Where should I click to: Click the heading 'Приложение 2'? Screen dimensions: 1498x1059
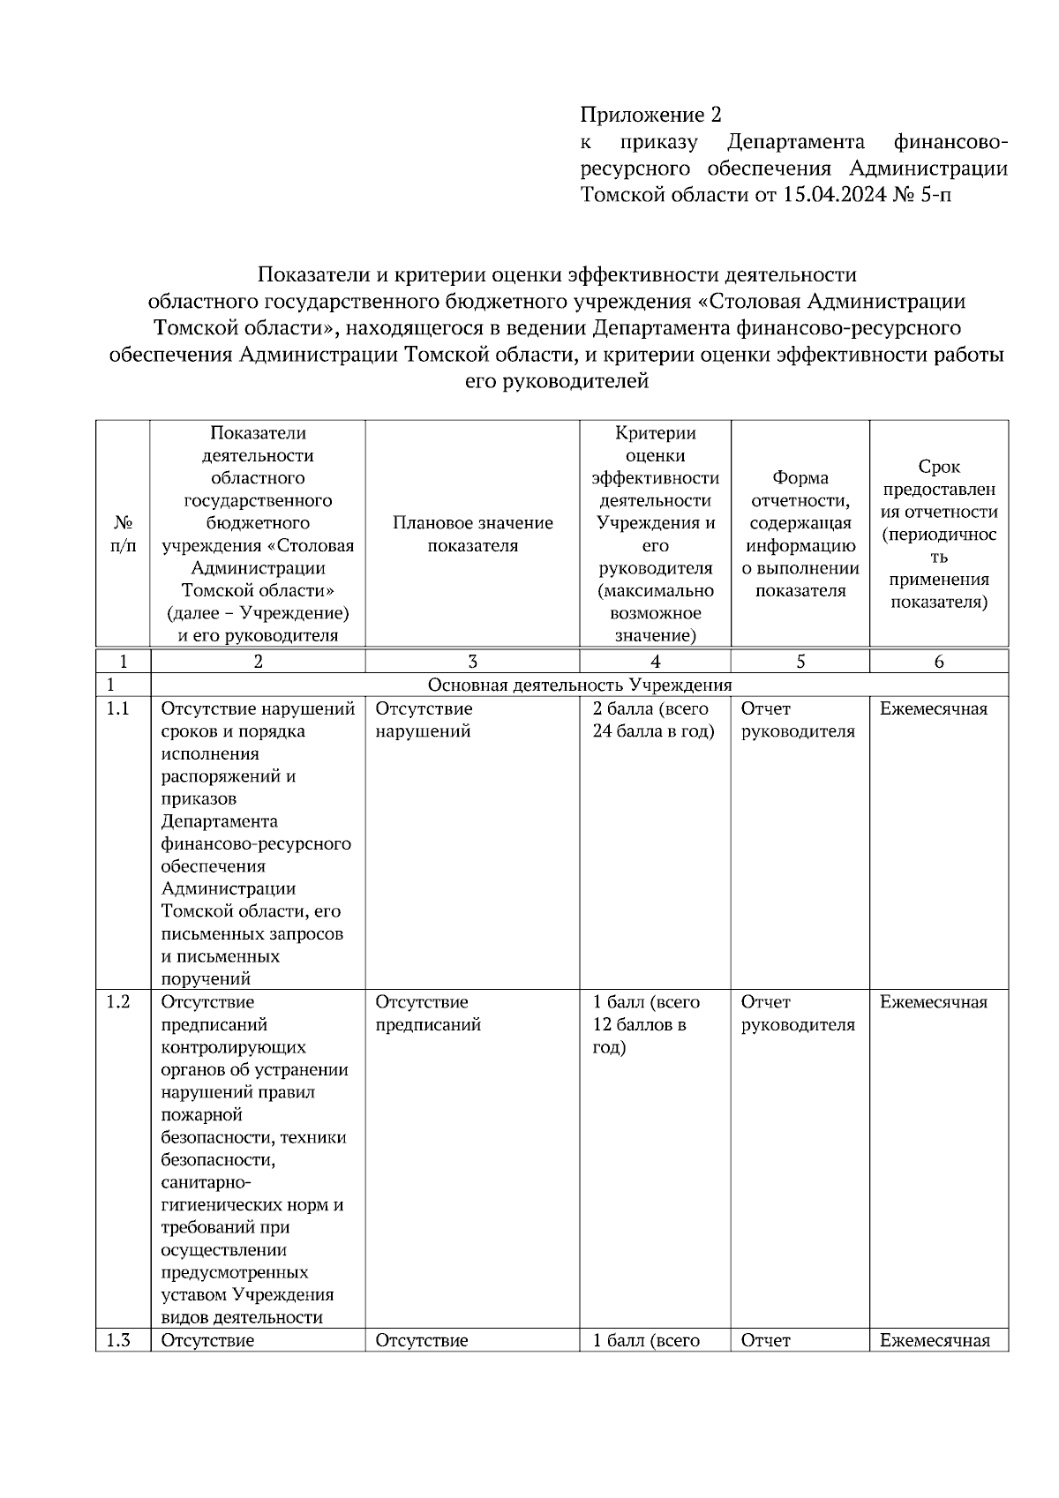[650, 115]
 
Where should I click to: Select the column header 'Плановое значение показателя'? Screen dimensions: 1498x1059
[472, 534]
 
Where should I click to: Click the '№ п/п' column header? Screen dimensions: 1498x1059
[123, 534]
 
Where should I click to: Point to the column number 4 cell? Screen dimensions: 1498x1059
[655, 661]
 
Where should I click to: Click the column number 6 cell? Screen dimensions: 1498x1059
[938, 661]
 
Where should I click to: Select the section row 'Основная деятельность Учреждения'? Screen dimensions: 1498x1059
[579, 685]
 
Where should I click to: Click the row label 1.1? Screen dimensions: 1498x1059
[118, 708]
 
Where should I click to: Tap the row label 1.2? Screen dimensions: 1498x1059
[118, 1001]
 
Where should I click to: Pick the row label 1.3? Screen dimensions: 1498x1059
[118, 1340]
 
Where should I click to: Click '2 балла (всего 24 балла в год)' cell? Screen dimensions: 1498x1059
[653, 720]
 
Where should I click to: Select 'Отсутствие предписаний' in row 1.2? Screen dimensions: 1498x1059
[428, 1013]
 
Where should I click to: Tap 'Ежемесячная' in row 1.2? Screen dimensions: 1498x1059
[933, 1001]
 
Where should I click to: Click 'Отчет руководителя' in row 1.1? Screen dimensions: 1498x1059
[797, 720]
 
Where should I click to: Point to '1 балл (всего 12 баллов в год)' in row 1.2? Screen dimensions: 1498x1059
[646, 1024]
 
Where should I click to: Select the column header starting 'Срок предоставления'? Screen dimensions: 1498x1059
[938, 534]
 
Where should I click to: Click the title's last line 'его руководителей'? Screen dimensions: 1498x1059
[556, 382]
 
